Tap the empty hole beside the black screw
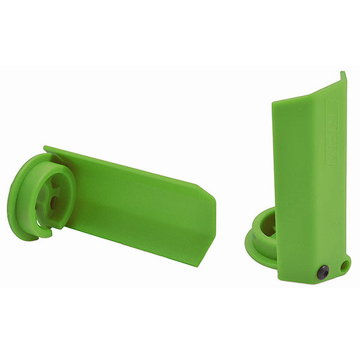click(x=344, y=265)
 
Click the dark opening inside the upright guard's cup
click(x=269, y=228)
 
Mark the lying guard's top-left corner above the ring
click(x=46, y=148)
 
